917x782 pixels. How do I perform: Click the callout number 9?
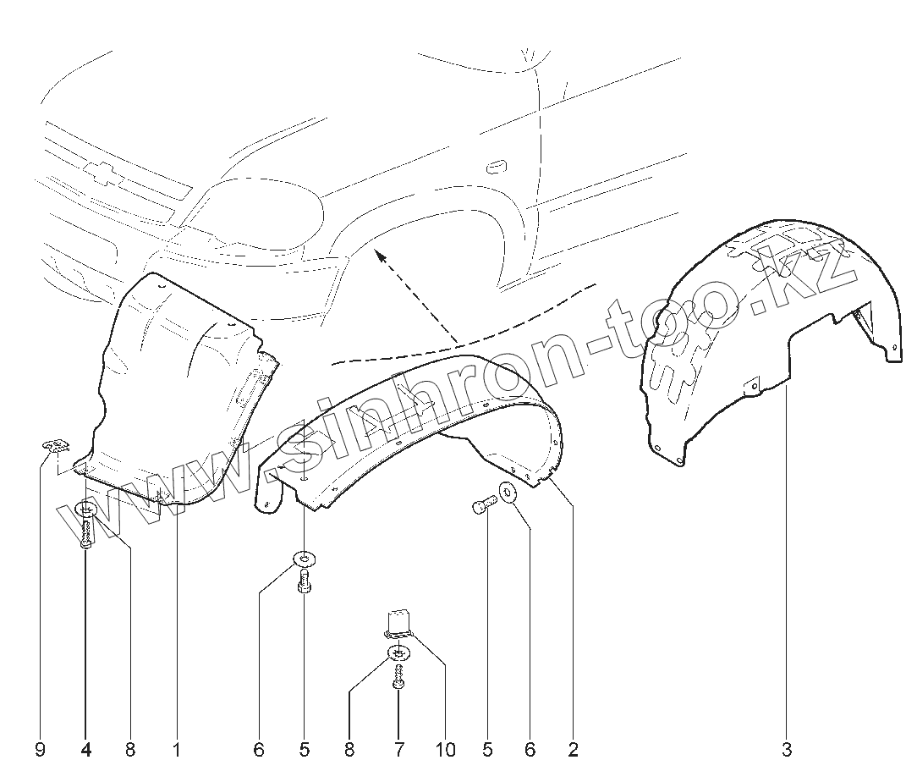[41, 750]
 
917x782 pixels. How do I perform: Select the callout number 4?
[85, 750]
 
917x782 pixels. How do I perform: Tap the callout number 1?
[177, 750]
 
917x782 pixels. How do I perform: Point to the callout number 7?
[398, 750]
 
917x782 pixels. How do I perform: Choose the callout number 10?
[446, 750]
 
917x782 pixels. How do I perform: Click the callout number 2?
[573, 750]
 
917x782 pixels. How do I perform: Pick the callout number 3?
[787, 750]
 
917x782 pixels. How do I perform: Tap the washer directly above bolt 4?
[85, 510]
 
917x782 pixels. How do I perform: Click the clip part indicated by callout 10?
[399, 622]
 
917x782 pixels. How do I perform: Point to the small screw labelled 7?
[398, 676]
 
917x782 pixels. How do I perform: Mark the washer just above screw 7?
[398, 653]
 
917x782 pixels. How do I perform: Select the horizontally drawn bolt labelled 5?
[481, 506]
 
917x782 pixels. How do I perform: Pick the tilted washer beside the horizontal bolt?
[508, 493]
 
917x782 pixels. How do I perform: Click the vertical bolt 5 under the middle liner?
[304, 581]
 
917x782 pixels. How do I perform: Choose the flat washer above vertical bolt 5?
[304, 559]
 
